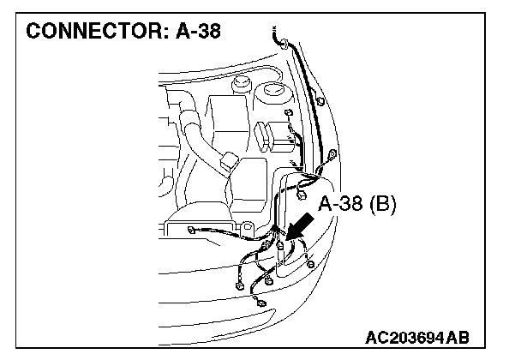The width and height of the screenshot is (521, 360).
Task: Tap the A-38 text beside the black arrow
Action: [344, 205]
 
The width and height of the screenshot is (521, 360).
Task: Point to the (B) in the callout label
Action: [386, 205]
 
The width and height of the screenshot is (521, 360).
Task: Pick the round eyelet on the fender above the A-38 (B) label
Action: [332, 153]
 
